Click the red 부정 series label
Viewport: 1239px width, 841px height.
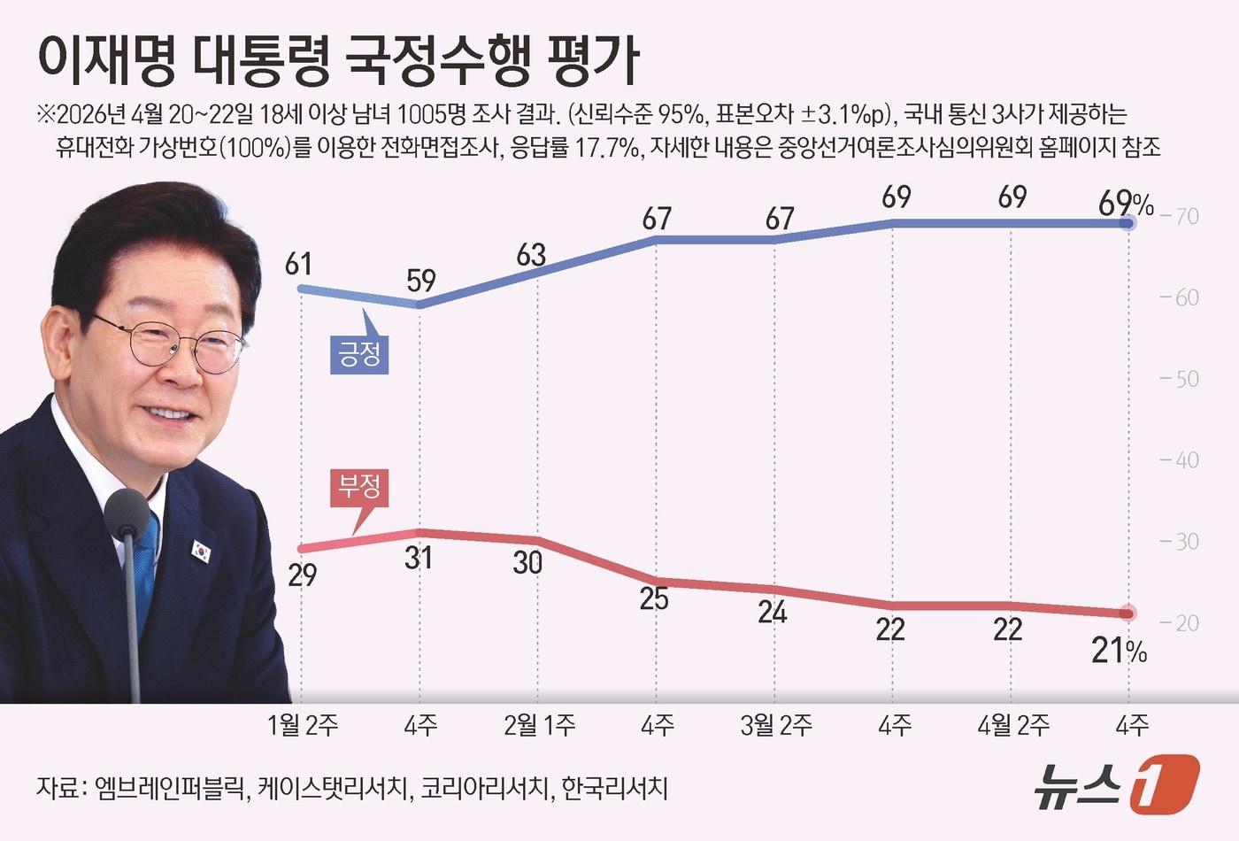pyautogui.click(x=359, y=486)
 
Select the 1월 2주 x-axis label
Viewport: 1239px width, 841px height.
pyautogui.click(x=303, y=726)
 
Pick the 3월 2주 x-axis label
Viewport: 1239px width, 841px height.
pyautogui.click(x=775, y=726)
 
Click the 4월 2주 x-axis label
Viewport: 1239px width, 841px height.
pyautogui.click(x=1012, y=726)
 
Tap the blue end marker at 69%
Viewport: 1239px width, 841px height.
pyautogui.click(x=1127, y=224)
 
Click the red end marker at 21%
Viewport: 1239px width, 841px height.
pyautogui.click(x=1127, y=613)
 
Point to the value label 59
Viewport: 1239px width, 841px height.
pyautogui.click(x=421, y=281)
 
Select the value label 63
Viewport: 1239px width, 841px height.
pyautogui.click(x=531, y=255)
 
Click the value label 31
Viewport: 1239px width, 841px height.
pyautogui.click(x=419, y=558)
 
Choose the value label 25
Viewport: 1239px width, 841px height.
pyautogui.click(x=654, y=599)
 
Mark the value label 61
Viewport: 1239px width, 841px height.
pyautogui.click(x=299, y=264)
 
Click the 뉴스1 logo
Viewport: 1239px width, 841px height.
pyautogui.click(x=1117, y=783)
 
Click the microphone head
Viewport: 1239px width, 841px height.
pyautogui.click(x=127, y=513)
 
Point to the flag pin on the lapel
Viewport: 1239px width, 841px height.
pyautogui.click(x=202, y=551)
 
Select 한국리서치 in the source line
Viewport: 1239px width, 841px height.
pyautogui.click(x=614, y=787)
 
